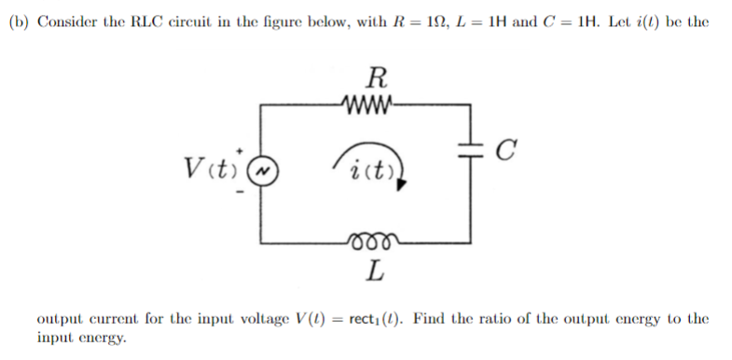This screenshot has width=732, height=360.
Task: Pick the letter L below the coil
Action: click(374, 273)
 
